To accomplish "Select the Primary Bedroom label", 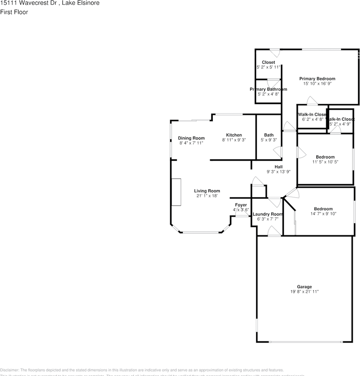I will (x=317, y=79).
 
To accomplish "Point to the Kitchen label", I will (x=234, y=135).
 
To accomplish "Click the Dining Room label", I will (x=191, y=138).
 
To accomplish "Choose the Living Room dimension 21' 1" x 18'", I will (x=207, y=196).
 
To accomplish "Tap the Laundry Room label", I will (x=268, y=214).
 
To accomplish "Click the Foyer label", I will (x=241, y=205).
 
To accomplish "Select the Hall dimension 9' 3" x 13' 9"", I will (x=279, y=172).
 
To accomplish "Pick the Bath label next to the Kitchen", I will (x=269, y=135).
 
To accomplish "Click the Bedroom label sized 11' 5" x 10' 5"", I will (x=325, y=157).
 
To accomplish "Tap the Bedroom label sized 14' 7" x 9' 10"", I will (x=323, y=209).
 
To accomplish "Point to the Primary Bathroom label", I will (x=268, y=89).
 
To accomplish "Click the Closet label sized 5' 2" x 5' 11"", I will (x=268, y=62).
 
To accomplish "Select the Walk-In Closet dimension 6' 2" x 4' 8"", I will (x=312, y=119).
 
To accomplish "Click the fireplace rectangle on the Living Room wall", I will (x=176, y=192).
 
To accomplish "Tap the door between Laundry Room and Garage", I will (x=274, y=233).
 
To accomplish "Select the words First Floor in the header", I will (x=14, y=12).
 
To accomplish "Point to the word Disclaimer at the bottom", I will (x=9, y=370).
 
